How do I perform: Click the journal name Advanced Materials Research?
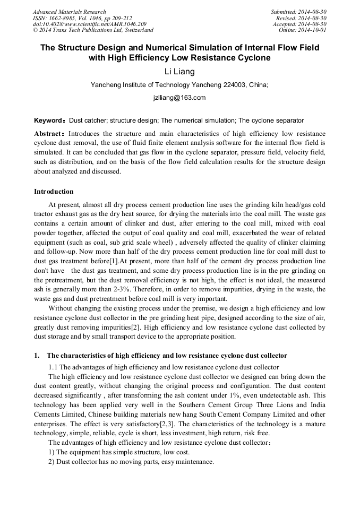(x=70, y=12)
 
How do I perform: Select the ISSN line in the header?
(x=82, y=18)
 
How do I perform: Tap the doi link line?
(x=90, y=24)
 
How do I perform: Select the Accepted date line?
(x=299, y=24)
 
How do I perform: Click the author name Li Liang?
(x=179, y=72)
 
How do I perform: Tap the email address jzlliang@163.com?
(x=179, y=98)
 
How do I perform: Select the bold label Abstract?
(x=49, y=133)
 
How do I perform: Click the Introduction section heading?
(x=54, y=192)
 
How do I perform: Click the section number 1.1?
(x=53, y=367)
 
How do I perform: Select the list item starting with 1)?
(x=119, y=452)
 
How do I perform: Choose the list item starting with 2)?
(x=131, y=462)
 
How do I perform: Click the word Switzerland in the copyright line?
(x=136, y=31)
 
